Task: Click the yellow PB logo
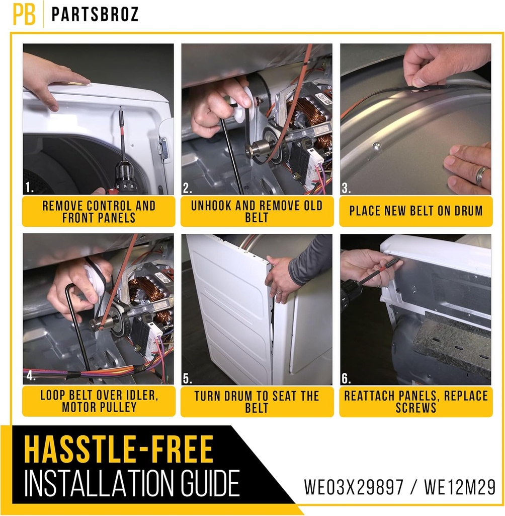(x=24, y=15)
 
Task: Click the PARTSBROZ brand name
(x=95, y=15)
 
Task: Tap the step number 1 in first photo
(x=29, y=188)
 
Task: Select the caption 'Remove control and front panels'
(x=99, y=212)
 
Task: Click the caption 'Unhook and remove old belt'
(x=257, y=212)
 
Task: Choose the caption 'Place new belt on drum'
(x=416, y=211)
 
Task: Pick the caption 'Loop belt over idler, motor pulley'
(x=99, y=401)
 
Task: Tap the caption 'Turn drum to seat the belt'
(x=257, y=401)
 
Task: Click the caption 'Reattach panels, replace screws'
(x=416, y=401)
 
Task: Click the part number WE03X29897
(x=354, y=487)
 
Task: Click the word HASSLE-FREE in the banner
(x=119, y=449)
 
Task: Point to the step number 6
(x=347, y=379)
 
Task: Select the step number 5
(x=188, y=378)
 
